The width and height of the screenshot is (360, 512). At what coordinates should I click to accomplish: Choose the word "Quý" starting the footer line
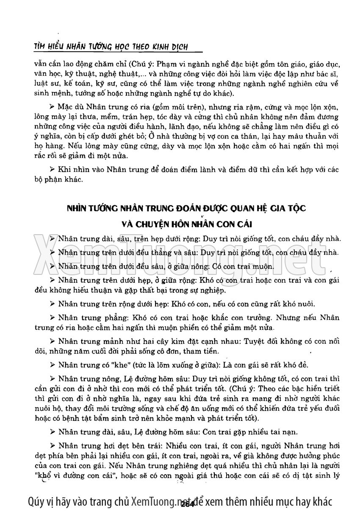tap(35, 501)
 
